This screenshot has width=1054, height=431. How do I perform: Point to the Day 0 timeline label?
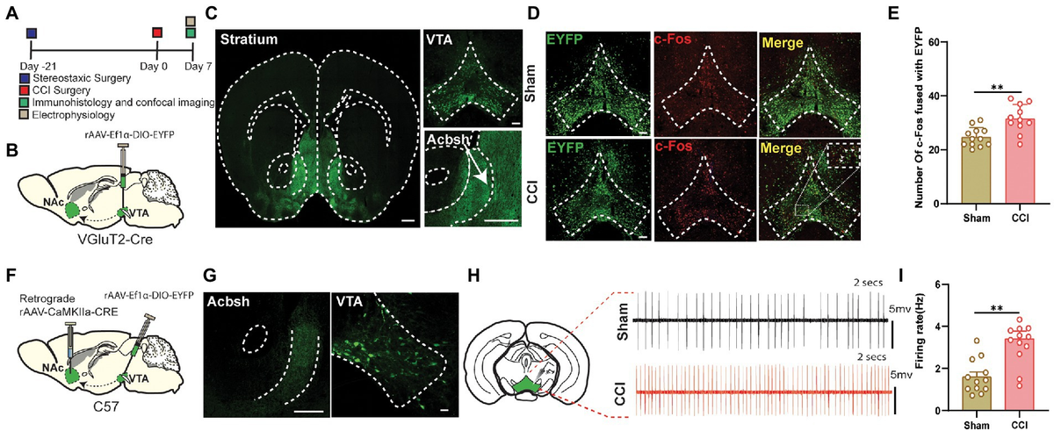[154, 66]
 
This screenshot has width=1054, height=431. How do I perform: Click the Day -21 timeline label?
[38, 66]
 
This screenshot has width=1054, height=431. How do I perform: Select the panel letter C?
[212, 12]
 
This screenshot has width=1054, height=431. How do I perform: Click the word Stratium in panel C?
[249, 39]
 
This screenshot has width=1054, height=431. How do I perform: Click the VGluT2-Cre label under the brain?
[115, 240]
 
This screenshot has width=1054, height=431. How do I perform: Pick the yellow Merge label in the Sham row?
[782, 43]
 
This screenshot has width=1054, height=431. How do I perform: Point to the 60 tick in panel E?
[935, 42]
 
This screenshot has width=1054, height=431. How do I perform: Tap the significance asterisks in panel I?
[997, 309]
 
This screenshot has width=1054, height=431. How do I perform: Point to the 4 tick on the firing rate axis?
[937, 327]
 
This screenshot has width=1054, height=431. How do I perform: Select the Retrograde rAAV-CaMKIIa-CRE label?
[69, 305]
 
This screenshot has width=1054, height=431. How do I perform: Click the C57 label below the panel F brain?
[106, 406]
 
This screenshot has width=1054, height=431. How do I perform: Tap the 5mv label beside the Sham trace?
[900, 309]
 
